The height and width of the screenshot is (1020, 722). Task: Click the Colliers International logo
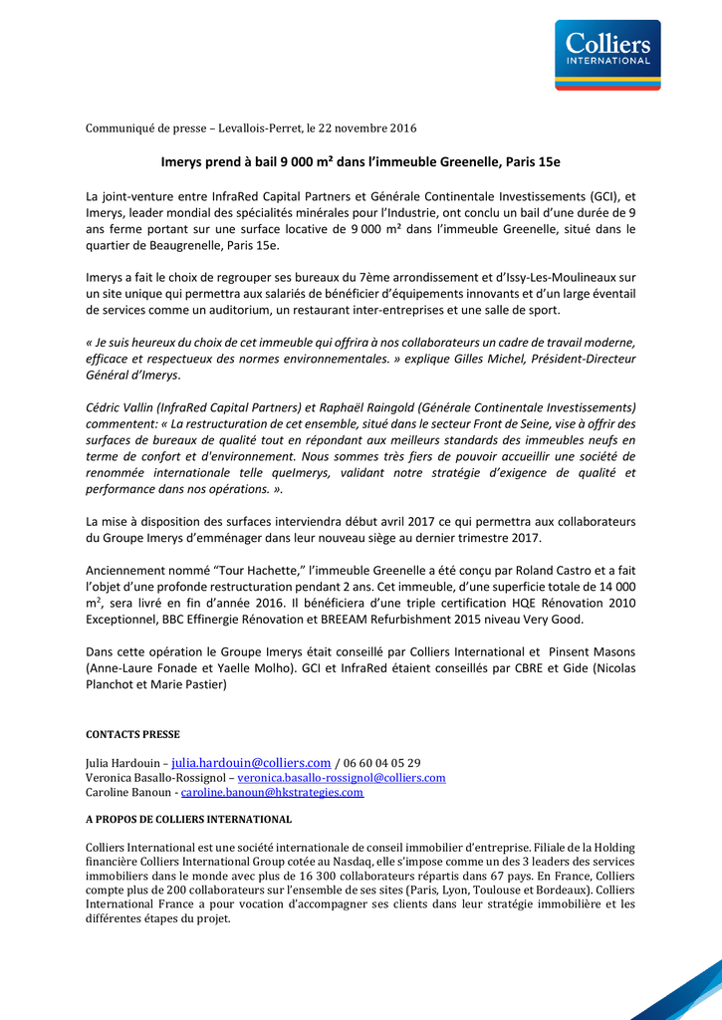coord(607,55)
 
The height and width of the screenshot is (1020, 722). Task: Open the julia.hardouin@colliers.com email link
coord(251,763)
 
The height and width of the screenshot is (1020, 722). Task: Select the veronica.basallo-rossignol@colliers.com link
coord(342,778)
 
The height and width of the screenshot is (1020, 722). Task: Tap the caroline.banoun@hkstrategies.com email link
coord(272,793)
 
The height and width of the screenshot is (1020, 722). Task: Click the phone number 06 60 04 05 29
coord(381,763)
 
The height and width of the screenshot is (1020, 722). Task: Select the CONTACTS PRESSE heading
coord(132,734)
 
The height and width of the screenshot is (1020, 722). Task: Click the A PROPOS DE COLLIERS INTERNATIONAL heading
coord(188,820)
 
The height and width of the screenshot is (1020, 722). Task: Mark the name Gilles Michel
coord(503,359)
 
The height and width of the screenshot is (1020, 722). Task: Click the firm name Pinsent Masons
coord(592,650)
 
